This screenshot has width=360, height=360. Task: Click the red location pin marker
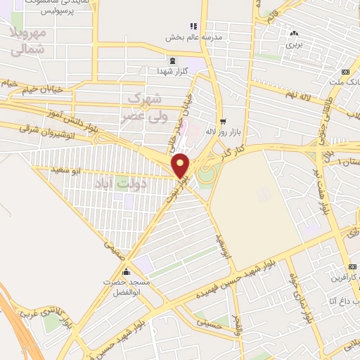point(181,165)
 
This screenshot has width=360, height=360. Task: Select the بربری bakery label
point(293,44)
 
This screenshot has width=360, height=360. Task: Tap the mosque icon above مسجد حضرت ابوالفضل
point(127,272)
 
